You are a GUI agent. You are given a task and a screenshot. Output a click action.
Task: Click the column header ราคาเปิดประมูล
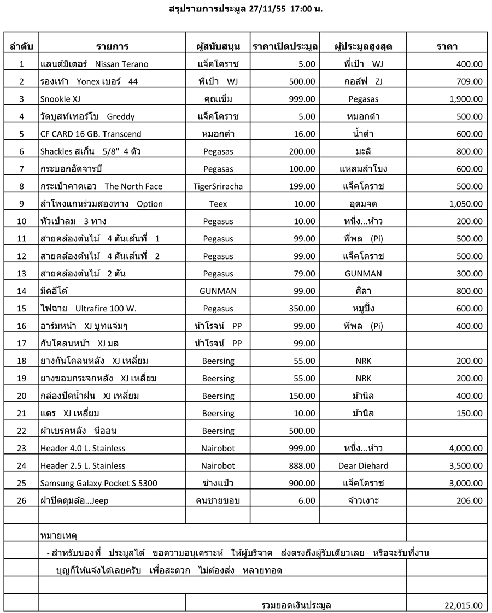coord(285,46)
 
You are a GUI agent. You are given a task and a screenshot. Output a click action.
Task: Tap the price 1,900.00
coord(465,99)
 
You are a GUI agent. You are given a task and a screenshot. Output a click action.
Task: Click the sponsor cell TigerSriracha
coord(218,186)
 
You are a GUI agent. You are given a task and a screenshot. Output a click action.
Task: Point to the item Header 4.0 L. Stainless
coord(83,449)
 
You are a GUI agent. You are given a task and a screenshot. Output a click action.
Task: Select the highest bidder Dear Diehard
coord(363,466)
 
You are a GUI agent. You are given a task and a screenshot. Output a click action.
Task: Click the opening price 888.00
coord(302,466)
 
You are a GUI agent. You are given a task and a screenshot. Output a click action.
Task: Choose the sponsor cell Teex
coord(218,204)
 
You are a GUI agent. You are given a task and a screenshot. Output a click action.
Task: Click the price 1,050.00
coord(465,204)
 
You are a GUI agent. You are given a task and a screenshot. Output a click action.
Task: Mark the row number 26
coord(21,501)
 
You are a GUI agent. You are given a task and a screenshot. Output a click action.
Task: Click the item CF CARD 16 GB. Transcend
coord(91,134)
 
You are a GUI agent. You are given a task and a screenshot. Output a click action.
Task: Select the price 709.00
coord(469,81)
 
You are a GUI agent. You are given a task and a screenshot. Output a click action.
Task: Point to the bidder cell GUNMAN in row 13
coord(363,274)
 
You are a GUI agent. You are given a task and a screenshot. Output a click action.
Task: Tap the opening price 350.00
coord(302,309)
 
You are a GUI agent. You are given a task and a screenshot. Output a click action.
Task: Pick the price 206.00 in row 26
coord(469,501)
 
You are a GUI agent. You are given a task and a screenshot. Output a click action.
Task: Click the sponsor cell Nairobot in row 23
coord(218,449)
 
